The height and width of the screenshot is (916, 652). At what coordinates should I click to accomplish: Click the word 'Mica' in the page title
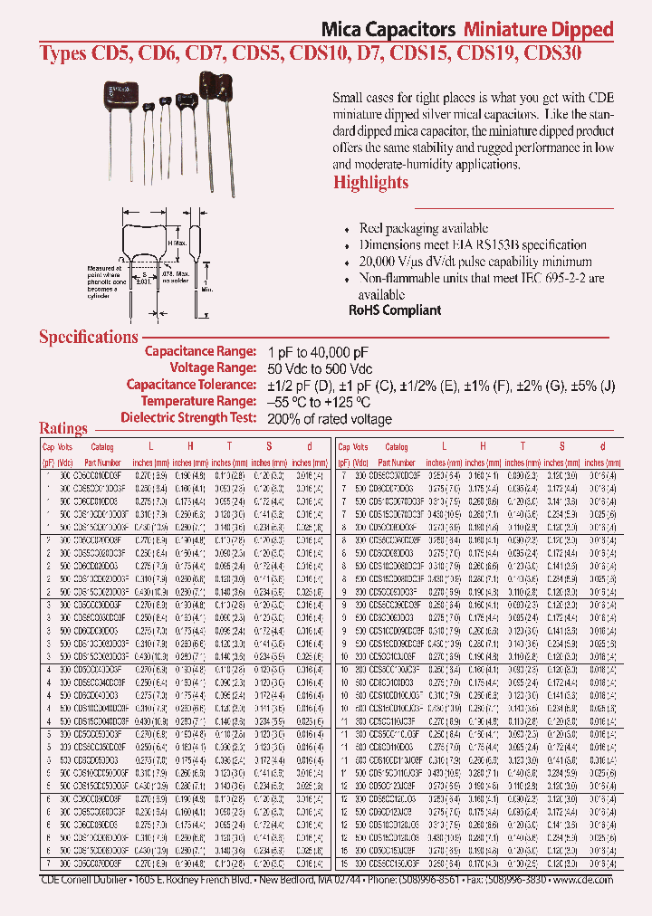[342, 28]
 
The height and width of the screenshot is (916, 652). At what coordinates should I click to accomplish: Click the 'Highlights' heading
[370, 183]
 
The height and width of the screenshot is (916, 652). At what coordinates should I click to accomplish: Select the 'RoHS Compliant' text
[395, 310]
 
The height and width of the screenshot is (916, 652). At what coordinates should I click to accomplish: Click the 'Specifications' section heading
[88, 337]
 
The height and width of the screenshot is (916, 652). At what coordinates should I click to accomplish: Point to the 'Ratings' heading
[63, 428]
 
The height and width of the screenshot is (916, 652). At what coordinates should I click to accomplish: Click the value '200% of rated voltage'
[330, 419]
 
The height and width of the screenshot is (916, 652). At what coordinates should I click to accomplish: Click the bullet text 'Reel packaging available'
[424, 229]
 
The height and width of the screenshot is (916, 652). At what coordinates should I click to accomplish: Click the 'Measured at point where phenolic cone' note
[105, 273]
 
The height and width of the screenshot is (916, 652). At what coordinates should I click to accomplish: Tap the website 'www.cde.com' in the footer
[581, 880]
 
